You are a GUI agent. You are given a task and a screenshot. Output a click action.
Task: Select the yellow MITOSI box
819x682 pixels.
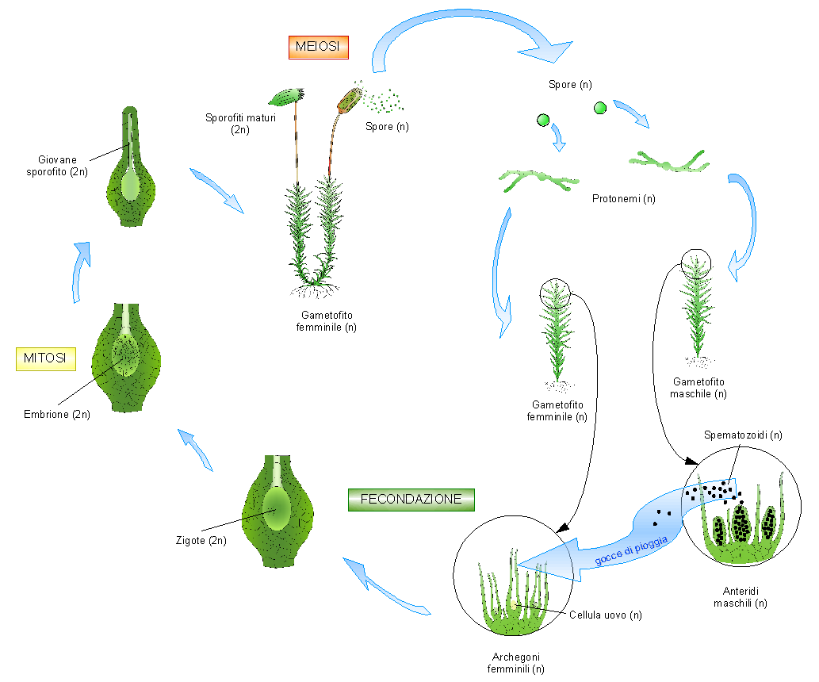tap(46, 358)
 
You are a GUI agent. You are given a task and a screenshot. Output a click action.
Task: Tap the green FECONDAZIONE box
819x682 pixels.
tap(411, 500)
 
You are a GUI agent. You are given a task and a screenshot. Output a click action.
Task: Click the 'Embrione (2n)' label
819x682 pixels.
tap(57, 414)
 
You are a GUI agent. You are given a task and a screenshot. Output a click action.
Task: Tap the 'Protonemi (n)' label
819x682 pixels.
tap(624, 197)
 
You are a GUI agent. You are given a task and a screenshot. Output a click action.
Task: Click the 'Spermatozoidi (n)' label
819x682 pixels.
tap(743, 435)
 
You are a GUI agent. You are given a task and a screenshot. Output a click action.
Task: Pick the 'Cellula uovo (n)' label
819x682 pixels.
tap(606, 615)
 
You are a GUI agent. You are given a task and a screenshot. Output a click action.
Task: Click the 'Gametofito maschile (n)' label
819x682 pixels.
tap(698, 387)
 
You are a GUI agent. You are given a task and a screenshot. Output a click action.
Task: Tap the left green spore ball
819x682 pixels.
tap(543, 121)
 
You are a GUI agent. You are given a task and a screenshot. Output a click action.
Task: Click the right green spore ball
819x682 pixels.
tap(599, 108)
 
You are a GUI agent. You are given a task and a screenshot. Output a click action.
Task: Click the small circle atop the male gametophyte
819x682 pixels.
tap(697, 262)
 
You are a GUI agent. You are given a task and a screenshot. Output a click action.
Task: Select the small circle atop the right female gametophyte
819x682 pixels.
tap(555, 293)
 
